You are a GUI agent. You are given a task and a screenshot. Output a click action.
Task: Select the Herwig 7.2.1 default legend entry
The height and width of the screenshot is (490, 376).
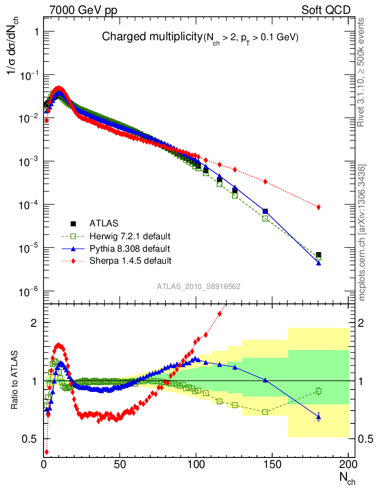coord(130,236)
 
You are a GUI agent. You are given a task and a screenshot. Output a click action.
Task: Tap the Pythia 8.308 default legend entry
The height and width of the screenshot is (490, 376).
coord(130,248)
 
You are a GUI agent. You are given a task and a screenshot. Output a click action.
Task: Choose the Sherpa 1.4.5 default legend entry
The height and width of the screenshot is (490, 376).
coord(130,261)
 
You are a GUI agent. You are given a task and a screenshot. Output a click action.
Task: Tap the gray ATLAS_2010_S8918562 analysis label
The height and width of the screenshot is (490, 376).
coord(199,287)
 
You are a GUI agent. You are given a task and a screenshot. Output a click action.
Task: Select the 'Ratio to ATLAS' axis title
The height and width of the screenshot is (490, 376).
coord(15,380)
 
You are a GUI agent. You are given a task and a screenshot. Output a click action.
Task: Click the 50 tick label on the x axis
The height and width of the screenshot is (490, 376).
coord(120,464)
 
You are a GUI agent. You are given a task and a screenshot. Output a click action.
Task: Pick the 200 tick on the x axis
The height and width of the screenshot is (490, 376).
coord(348,464)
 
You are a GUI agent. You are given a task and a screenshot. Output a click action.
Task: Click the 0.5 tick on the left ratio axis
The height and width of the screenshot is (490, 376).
coord(32,439)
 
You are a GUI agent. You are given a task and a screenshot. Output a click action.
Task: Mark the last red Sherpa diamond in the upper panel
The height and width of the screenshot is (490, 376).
coord(319,207)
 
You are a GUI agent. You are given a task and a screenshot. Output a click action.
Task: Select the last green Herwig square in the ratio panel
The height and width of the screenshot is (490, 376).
coord(319,391)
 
